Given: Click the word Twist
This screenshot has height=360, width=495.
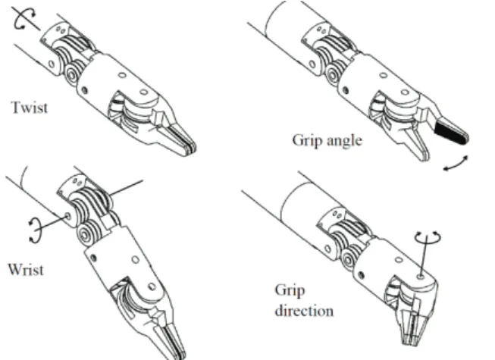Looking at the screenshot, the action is point(30,108).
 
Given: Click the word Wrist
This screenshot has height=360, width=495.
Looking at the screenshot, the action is point(26,270).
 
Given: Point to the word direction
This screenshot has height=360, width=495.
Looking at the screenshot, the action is point(304,311).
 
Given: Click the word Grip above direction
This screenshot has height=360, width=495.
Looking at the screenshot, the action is point(290,290).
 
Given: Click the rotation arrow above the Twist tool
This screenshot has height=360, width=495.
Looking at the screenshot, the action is point(24,18).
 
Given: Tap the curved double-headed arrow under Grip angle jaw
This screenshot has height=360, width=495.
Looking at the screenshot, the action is point(456,164).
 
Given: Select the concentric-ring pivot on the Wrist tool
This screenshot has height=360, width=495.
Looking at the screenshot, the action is point(85,235).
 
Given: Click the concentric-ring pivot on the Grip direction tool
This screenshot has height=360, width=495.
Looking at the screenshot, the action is point(348,260).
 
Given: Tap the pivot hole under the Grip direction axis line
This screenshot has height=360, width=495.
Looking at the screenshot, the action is point(420,277).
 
